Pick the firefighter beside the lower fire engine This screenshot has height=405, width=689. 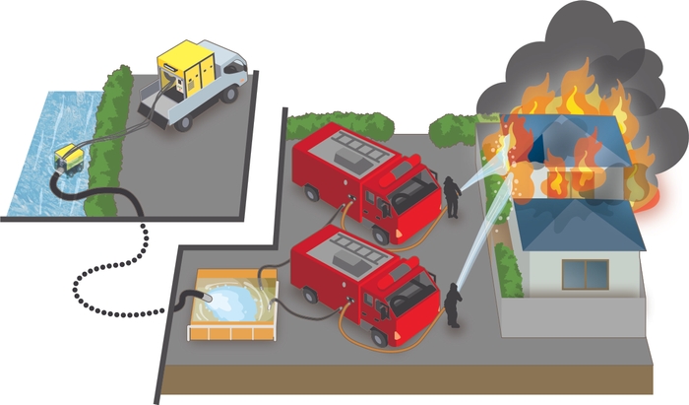(452, 304)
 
